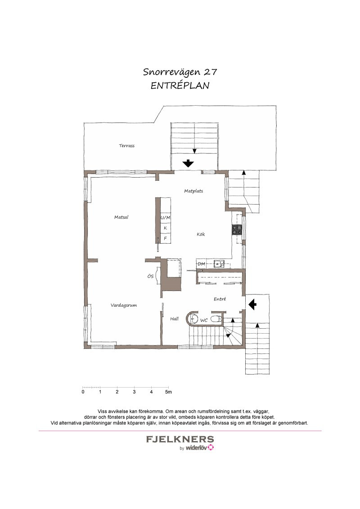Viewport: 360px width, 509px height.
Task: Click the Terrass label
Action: pos(127,146)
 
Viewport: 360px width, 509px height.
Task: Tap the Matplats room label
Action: pos(193,191)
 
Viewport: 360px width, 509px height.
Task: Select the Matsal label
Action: pos(121,217)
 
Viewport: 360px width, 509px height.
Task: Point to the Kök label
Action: pos(201,234)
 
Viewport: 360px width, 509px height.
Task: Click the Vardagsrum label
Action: pos(123,305)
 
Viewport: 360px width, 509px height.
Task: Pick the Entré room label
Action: pos(220,299)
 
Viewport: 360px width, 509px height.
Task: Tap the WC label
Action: pos(204,321)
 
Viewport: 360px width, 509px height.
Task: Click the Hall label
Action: pos(175,319)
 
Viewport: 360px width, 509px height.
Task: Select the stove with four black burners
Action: pos(237,230)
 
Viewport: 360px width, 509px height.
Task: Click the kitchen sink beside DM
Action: pos(219,264)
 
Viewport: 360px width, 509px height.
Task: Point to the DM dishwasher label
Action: pos(202,264)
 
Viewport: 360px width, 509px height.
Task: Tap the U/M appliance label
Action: pos(166,218)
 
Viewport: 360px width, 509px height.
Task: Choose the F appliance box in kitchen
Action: pos(166,238)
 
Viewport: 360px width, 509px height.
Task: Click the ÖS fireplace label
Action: pos(150,277)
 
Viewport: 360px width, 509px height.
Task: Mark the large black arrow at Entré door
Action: pos(252,304)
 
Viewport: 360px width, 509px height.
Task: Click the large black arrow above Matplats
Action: pos(188,163)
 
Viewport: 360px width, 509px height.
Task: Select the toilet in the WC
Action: pos(216,319)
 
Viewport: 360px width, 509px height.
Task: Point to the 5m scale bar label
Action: pos(168,392)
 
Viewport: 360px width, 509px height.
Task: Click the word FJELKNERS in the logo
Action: pos(180,440)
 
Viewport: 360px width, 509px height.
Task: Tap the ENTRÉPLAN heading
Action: pos(180,85)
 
